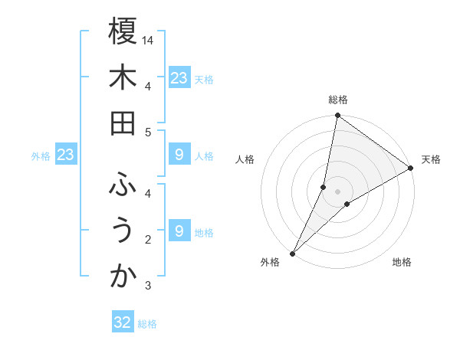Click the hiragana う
coord(123,231)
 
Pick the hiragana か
coord(123,278)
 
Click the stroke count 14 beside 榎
coord(149,39)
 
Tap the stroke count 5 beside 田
coord(147,132)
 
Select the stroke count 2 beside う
coord(147,240)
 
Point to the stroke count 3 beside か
coord(147,286)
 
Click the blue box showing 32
coord(123,322)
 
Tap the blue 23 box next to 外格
coord(66,155)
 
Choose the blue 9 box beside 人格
coord(179,155)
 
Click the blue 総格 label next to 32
coord(147,324)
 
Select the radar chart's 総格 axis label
coord(337,100)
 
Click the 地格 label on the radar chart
coord(402,262)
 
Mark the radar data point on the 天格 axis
coord(411,169)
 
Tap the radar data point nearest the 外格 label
coord(292,253)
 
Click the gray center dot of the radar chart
coord(337,191)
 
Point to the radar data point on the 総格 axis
coord(337,116)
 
